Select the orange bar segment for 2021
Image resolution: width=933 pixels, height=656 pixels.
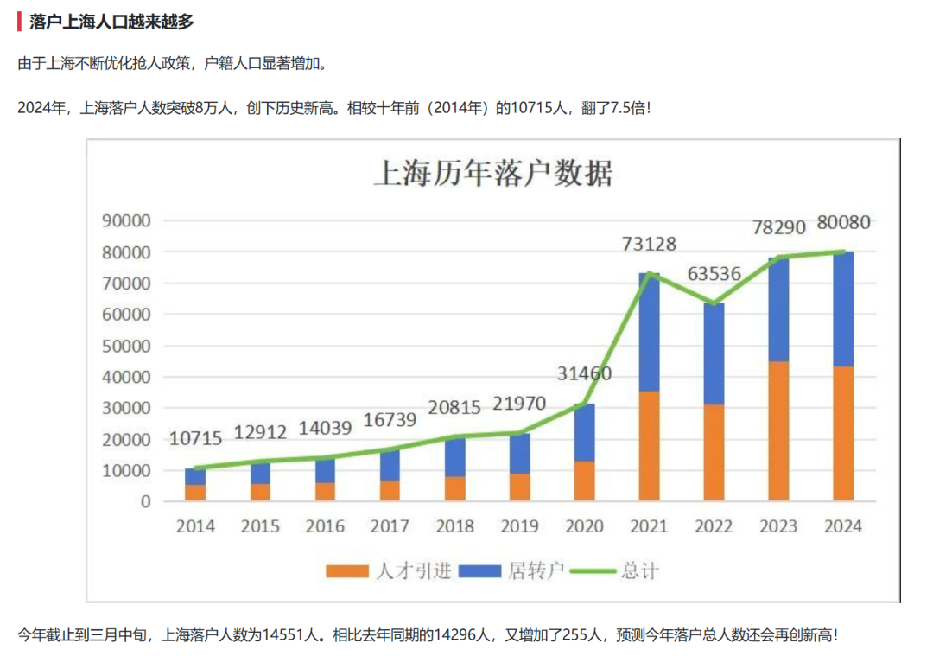click(649, 446)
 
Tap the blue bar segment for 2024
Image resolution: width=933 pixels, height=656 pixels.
click(843, 309)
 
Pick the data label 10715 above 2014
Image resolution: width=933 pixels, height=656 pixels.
click(195, 438)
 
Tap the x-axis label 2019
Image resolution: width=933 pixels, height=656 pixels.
click(519, 526)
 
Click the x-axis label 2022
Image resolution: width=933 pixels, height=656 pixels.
click(714, 526)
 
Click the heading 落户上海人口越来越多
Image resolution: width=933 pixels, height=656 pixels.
click(111, 22)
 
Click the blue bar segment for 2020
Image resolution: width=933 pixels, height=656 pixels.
click(584, 432)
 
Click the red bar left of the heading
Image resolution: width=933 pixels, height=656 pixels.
click(19, 22)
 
